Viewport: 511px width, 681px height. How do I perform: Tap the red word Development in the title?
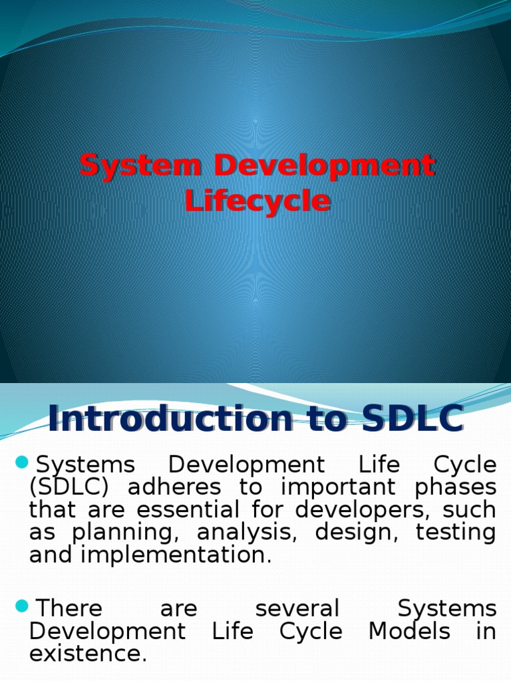tap(319, 166)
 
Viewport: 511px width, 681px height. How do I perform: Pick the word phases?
tap(456, 487)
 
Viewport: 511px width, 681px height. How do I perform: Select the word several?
tap(297, 609)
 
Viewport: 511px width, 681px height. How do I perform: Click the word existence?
tap(88, 654)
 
